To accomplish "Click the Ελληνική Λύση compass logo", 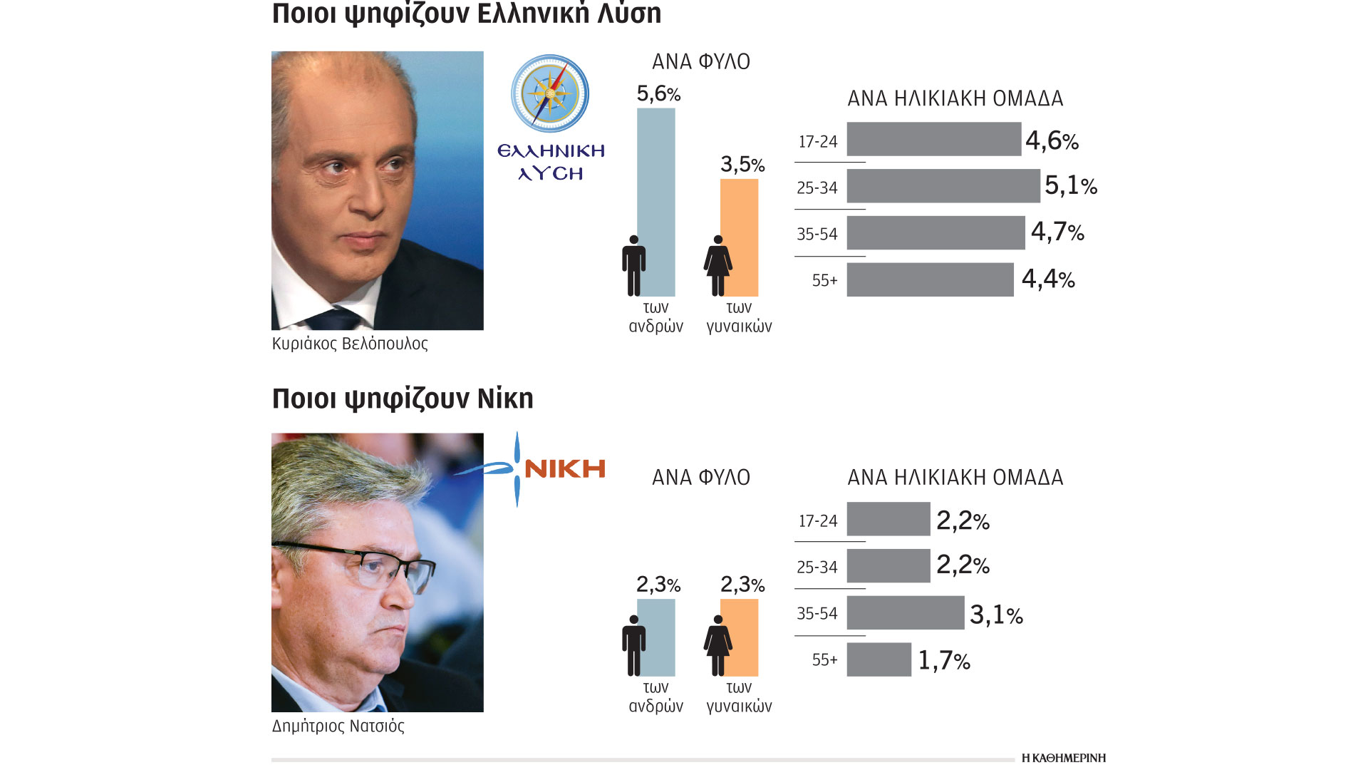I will [x=550, y=93].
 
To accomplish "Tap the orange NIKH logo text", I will [x=564, y=468].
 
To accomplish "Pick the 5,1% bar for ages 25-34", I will [x=943, y=186].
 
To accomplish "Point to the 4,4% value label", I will [x=1047, y=279].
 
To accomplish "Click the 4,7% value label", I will [x=1057, y=232].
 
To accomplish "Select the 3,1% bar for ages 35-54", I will [x=905, y=613].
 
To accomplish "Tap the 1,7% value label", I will [x=943, y=661].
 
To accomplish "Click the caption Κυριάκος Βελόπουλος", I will [x=350, y=344].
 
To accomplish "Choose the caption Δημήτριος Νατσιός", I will [x=338, y=727].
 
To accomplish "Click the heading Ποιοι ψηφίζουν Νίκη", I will [x=403, y=399].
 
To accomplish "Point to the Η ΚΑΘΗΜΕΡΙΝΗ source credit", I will [x=1063, y=758].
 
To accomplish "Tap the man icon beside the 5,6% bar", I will [x=633, y=265].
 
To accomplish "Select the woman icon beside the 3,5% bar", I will [x=717, y=265].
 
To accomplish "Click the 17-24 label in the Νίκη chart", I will [x=817, y=521].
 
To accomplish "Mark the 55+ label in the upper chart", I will [x=824, y=280].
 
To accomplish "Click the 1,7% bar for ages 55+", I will [x=879, y=659].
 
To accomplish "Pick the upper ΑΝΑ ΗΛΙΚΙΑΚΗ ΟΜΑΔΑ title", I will [x=955, y=98].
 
